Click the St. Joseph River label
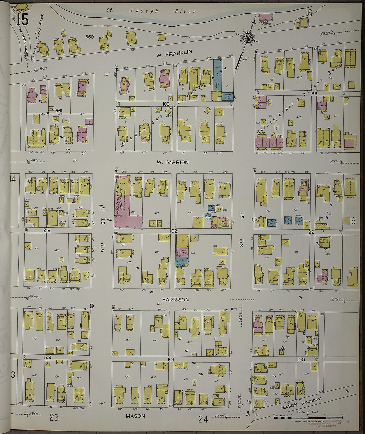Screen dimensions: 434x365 point(151,11)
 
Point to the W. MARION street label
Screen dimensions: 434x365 point(173,162)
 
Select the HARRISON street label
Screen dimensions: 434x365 point(175,300)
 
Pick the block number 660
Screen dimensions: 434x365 point(89,37)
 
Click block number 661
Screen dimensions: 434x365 point(59,111)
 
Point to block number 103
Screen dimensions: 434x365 point(166,104)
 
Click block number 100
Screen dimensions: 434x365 point(301,359)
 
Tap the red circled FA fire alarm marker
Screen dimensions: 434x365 point(92,305)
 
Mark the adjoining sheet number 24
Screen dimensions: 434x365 point(203,419)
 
